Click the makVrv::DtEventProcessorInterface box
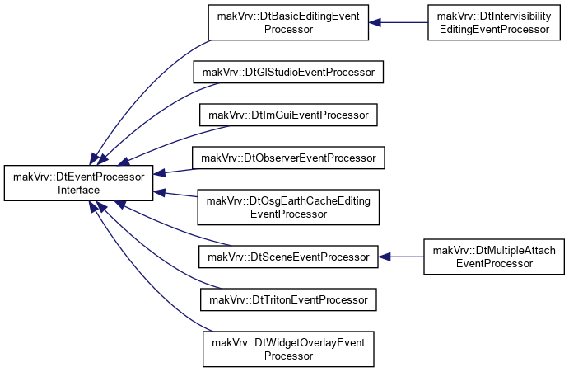[78, 183]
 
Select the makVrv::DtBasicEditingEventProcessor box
[288, 22]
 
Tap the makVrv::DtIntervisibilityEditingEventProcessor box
[494, 22]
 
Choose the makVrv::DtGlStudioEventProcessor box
[288, 72]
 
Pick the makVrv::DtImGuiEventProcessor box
[288, 115]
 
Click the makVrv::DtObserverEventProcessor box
[288, 158]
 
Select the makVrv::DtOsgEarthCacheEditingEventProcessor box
[288, 207]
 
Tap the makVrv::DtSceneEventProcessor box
[288, 257]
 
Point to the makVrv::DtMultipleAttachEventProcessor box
[494, 257]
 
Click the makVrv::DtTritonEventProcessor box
[288, 299]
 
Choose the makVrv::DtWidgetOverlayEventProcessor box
[288, 349]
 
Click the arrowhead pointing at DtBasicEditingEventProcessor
[375, 22]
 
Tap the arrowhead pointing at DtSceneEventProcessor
[384, 257]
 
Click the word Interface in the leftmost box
[78, 190]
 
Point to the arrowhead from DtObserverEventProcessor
[159, 173]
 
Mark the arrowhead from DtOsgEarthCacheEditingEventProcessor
[159, 192]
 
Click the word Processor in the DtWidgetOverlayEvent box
[288, 356]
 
